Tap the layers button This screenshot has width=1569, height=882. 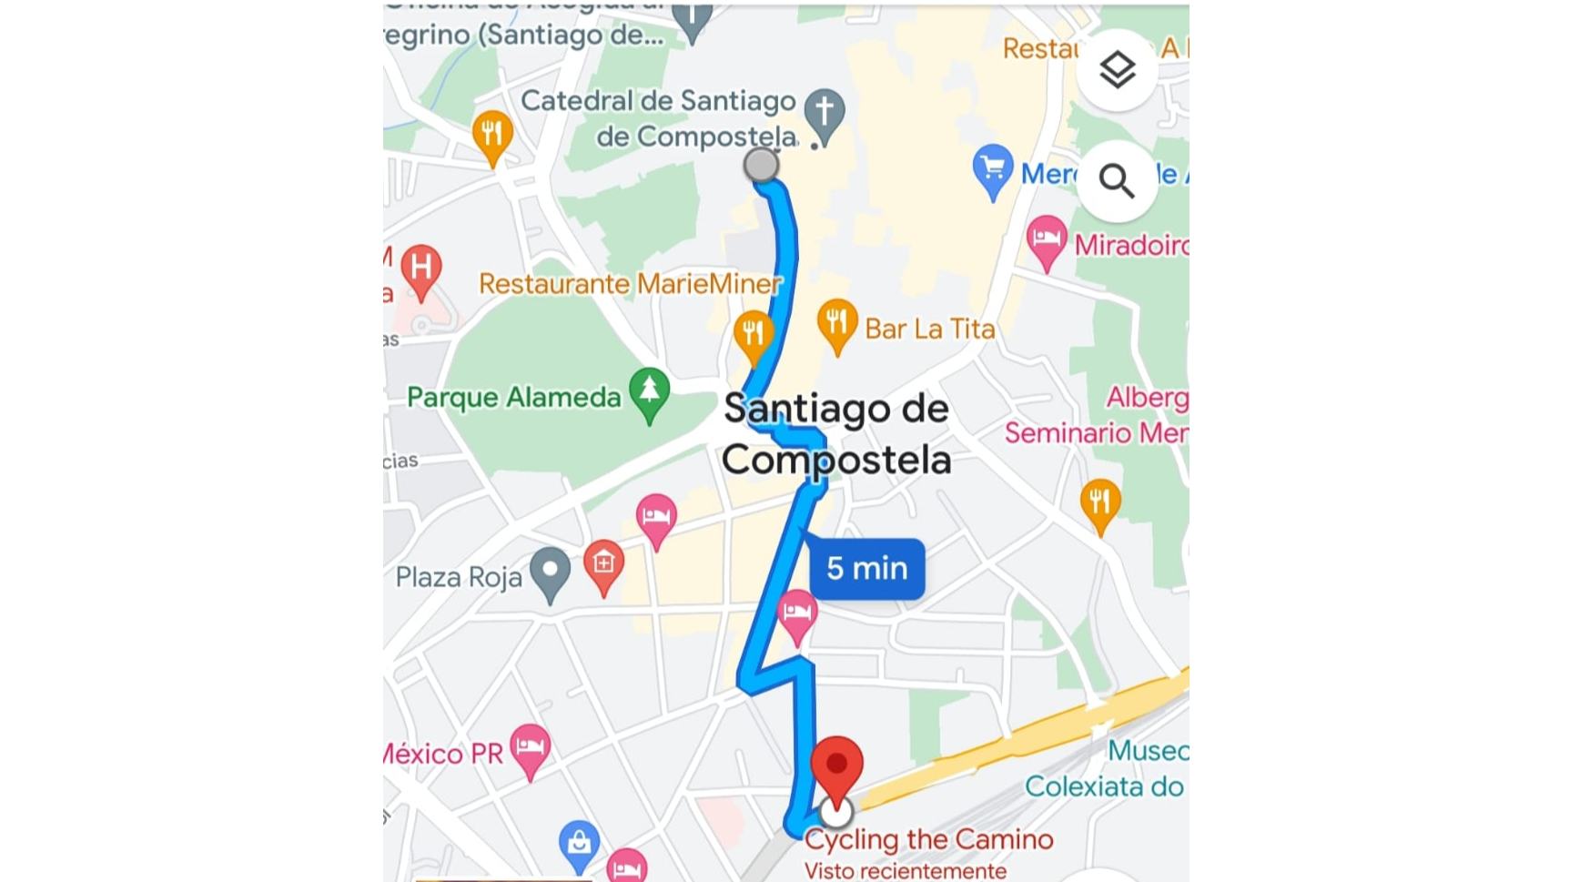pyautogui.click(x=1117, y=70)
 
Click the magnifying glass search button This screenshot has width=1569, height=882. pyautogui.click(x=1117, y=181)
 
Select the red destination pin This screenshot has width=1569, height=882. pyautogui.click(x=836, y=768)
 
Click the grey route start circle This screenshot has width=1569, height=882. pyautogui.click(x=761, y=165)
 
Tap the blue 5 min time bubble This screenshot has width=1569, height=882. pyautogui.click(x=866, y=569)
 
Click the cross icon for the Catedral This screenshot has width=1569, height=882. pyautogui.click(x=825, y=113)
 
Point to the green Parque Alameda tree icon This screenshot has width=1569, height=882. pyautogui.click(x=649, y=391)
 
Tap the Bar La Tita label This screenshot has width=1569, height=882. pyautogui.click(x=929, y=329)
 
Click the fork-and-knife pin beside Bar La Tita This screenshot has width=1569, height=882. pyautogui.click(x=836, y=323)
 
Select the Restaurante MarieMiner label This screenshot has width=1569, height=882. pyautogui.click(x=630, y=284)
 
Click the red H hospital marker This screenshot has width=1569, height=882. pyautogui.click(x=420, y=269)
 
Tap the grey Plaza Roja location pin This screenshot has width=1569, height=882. pyautogui.click(x=550, y=572)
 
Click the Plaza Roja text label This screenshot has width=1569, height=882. pyautogui.click(x=459, y=577)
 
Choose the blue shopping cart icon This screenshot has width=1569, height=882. pyautogui.click(x=992, y=169)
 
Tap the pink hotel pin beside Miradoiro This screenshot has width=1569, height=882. pyautogui.click(x=1046, y=240)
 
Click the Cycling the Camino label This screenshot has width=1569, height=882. pyautogui.click(x=928, y=839)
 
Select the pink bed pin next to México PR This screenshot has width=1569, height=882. pyautogui.click(x=530, y=748)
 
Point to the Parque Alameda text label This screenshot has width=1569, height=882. pyautogui.click(x=513, y=398)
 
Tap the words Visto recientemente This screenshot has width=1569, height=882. pyautogui.click(x=905, y=871)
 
